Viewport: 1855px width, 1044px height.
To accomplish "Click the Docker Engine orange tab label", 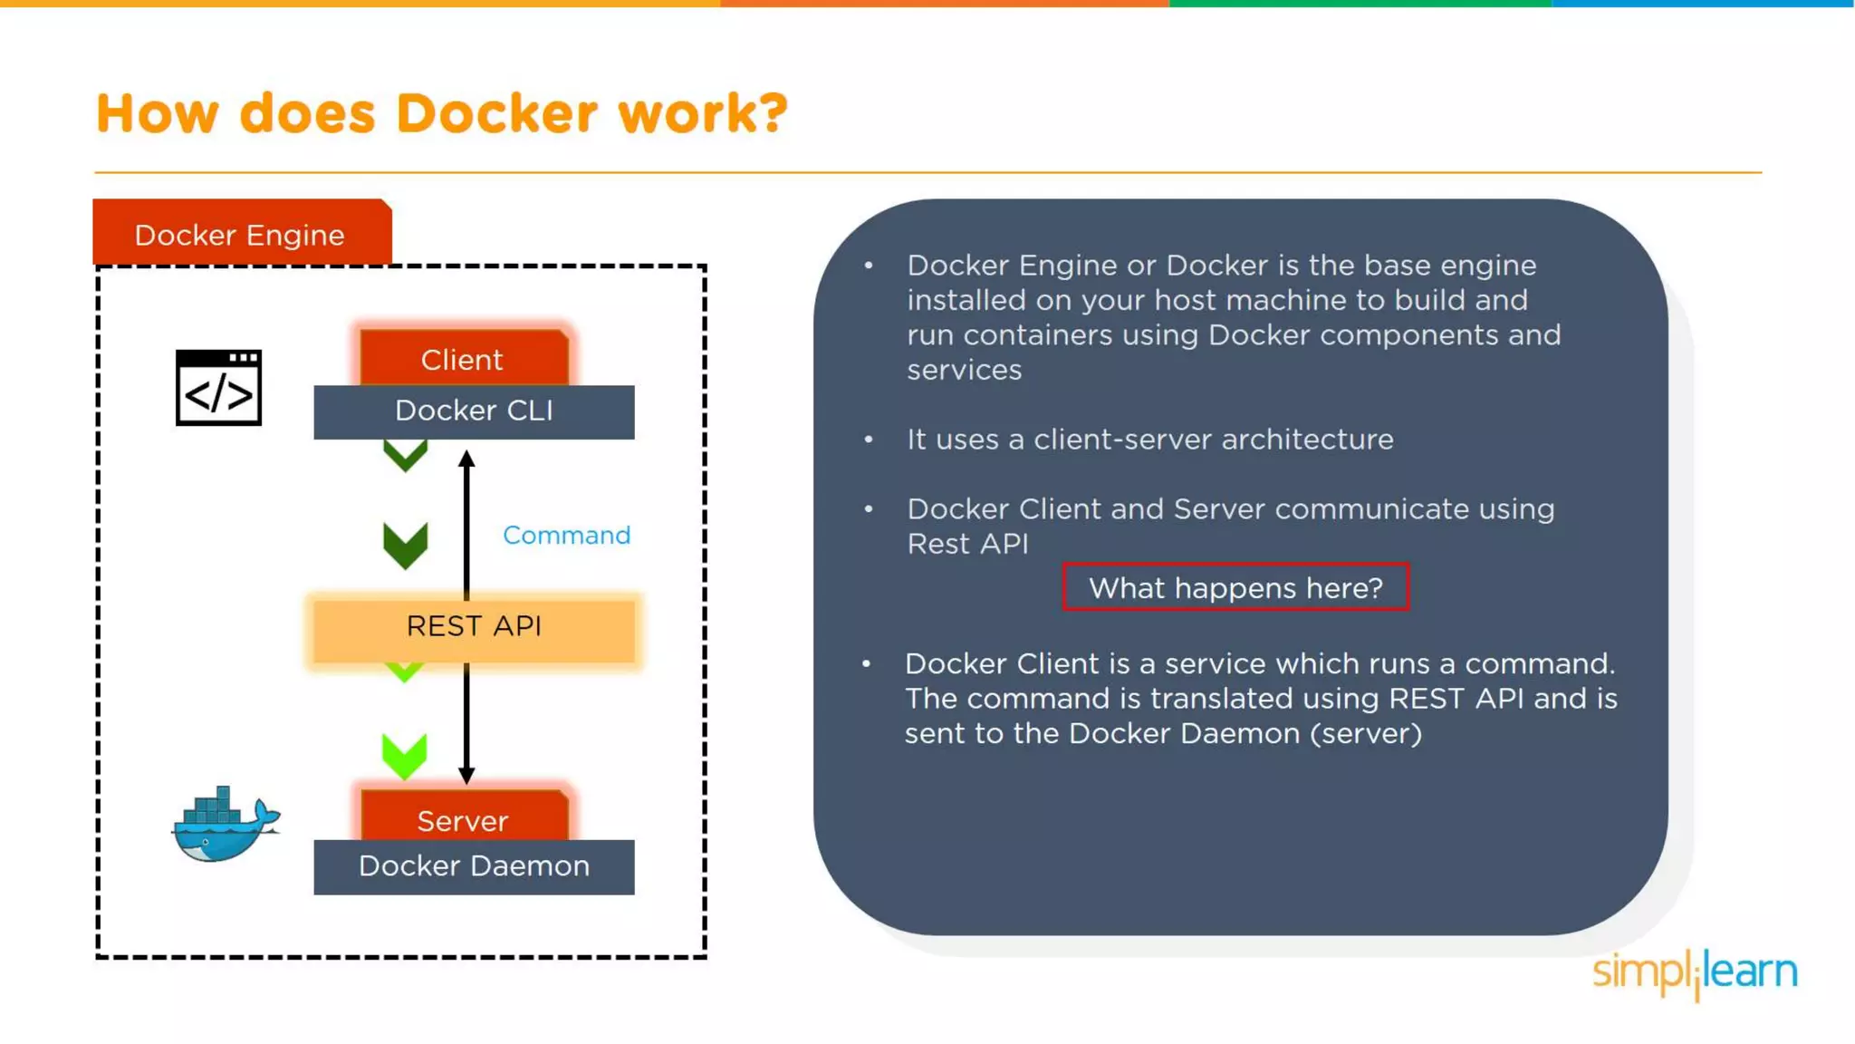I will (241, 235).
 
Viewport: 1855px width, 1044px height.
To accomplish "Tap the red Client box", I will (463, 359).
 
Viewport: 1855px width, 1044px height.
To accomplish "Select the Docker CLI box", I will (474, 411).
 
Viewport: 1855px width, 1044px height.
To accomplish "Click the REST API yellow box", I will (474, 627).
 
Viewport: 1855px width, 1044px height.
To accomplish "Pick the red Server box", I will (463, 819).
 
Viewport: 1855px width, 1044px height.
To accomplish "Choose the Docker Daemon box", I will (474, 867).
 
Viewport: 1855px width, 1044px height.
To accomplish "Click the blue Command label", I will (566, 536).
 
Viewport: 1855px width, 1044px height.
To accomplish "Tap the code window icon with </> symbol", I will (218, 388).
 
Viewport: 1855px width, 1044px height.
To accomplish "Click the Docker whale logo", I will (226, 825).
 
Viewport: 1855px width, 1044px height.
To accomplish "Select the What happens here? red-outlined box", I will (1235, 588).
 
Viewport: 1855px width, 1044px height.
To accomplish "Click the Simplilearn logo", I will (1695, 972).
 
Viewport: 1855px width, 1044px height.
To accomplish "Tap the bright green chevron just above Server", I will (404, 756).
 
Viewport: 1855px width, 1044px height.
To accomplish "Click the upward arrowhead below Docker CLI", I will (466, 459).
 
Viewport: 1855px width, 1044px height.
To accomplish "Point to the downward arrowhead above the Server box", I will (466, 776).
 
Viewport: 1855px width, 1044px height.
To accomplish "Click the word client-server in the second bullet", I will (1122, 440).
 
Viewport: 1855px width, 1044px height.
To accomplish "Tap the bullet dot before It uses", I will (869, 440).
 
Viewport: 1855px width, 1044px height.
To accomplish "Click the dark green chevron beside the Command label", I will (405, 545).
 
